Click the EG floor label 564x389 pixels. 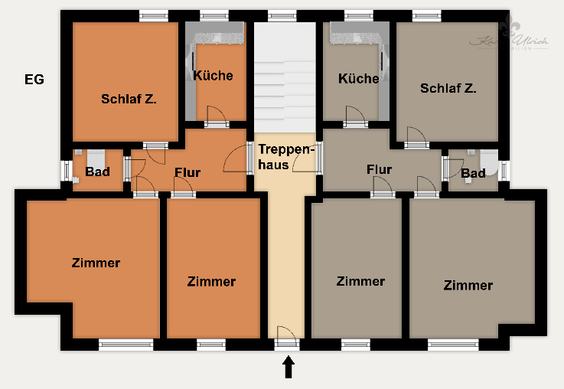[34, 80]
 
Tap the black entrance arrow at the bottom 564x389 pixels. [289, 368]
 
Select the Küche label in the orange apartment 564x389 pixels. [213, 76]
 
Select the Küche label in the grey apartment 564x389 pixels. [358, 78]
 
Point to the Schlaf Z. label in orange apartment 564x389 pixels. [129, 99]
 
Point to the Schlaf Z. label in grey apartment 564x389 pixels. [448, 88]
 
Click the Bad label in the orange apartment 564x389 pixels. [97, 172]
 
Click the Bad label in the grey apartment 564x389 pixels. [472, 173]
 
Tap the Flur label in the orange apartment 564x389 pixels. [187, 172]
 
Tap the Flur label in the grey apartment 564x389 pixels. [379, 169]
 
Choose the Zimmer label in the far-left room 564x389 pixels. [96, 263]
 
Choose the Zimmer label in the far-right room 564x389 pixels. [468, 285]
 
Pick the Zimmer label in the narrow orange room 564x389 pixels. [211, 281]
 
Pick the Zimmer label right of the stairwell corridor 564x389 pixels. [360, 281]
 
